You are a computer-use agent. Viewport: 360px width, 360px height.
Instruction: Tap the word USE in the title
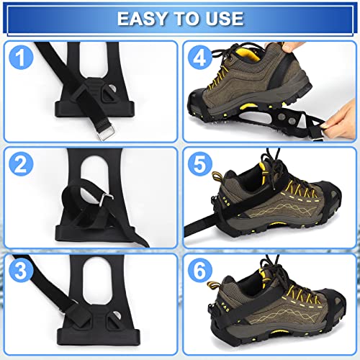point(225,19)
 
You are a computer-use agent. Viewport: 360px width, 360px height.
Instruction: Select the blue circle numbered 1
point(21,58)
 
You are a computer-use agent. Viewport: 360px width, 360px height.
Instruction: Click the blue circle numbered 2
point(21,164)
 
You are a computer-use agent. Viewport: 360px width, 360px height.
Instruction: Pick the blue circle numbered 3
point(21,271)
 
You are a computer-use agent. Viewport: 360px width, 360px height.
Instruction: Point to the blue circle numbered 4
point(200,58)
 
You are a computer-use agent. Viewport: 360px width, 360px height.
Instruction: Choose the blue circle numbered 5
point(200,164)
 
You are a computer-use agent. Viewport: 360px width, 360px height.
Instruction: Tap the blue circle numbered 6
point(200,271)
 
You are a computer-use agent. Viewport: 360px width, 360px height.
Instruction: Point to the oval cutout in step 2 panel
point(94,175)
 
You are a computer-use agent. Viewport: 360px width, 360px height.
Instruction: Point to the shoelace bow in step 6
point(271,269)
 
